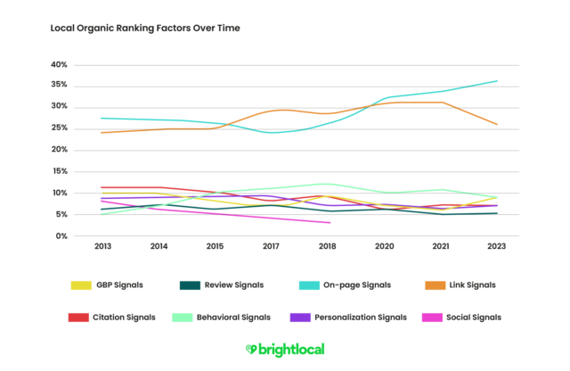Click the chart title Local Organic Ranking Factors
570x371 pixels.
coord(144,29)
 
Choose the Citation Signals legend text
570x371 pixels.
coord(125,317)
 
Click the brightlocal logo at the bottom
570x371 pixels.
coord(284,350)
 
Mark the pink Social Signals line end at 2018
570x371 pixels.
coord(330,223)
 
